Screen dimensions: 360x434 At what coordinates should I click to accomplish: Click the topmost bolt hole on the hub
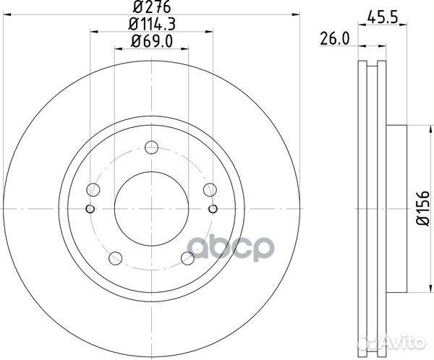pyautogui.click(x=151, y=149)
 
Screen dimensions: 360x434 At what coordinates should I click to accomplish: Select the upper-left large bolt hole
pyautogui.click(x=93, y=190)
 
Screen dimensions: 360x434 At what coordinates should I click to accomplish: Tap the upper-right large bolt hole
pyautogui.click(x=210, y=190)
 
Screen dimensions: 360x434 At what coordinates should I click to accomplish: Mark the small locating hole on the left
pyautogui.click(x=90, y=210)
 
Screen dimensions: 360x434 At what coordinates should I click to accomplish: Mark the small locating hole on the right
pyautogui.click(x=213, y=210)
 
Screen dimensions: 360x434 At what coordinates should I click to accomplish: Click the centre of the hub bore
pyautogui.click(x=151, y=210)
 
